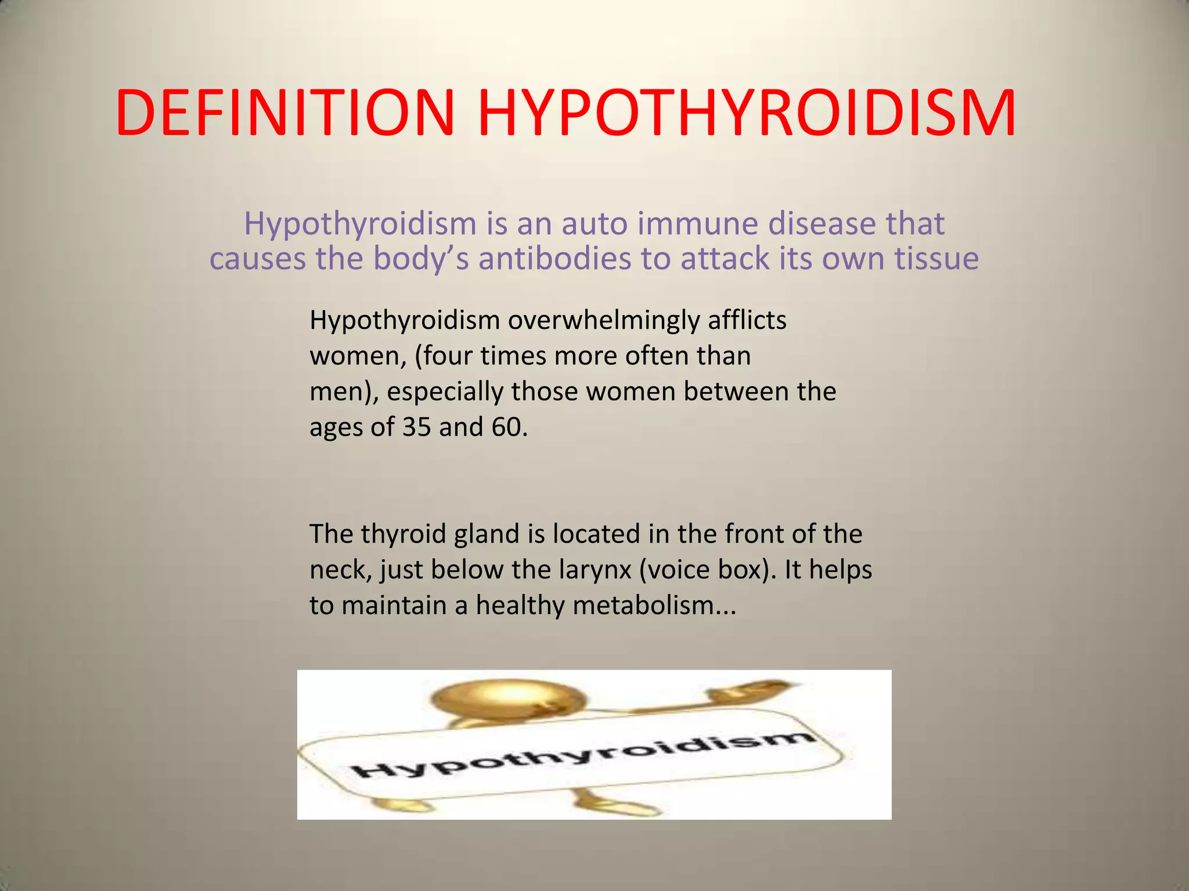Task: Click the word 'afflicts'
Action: [747, 321]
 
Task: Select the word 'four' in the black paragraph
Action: [447, 356]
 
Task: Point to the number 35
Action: [416, 428]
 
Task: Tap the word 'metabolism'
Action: [654, 606]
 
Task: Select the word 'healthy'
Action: [520, 606]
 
